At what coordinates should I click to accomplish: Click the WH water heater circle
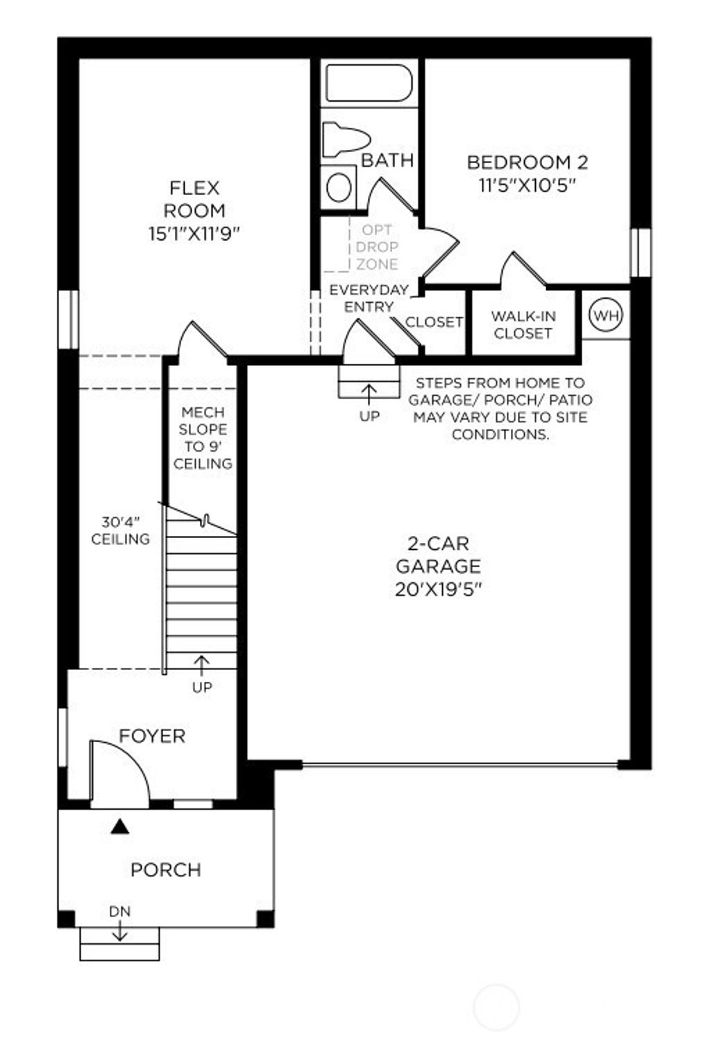coord(606,315)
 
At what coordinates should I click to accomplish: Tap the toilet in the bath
coord(343,139)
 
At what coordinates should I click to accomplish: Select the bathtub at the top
coord(369,84)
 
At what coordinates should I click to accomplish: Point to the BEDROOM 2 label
coord(527,163)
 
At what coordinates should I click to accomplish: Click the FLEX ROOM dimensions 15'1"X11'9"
coord(194,234)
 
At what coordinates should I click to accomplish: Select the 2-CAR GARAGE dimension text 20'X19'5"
coord(438,589)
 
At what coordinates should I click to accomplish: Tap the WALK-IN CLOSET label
coord(523,324)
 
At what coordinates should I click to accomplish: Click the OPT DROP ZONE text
coord(377,247)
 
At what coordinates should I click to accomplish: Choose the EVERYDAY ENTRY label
coord(369,298)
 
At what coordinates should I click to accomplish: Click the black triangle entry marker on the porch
coord(120,826)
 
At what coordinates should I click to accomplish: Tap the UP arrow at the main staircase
coord(201,665)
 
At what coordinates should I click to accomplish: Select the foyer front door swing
coord(120,771)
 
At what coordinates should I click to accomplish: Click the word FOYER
coord(152,736)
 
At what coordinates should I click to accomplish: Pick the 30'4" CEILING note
coord(120,530)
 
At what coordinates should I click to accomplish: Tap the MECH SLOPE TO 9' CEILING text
coord(203,438)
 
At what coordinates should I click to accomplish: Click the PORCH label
coord(166,869)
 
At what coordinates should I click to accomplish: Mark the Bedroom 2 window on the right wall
coord(641,252)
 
